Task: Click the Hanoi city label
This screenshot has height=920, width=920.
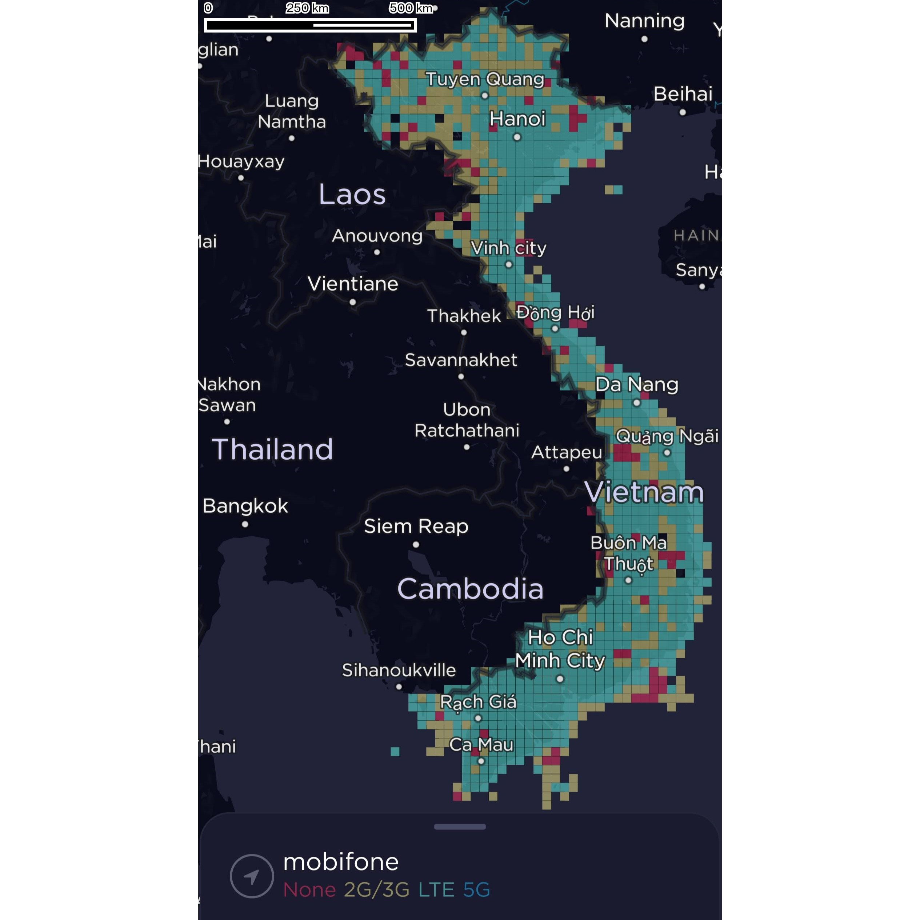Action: pos(517,119)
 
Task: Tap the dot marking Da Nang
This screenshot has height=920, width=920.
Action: pos(637,403)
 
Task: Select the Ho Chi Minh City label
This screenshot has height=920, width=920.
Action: pos(560,649)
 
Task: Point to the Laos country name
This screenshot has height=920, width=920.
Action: pos(352,194)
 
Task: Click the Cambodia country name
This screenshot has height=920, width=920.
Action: pos(470,589)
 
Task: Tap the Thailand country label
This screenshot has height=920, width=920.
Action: pos(272,449)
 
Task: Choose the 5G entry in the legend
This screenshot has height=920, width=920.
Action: pos(476,889)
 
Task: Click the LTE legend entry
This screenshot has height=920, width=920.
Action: pos(436,889)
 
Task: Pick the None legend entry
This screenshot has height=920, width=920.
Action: pos(309,889)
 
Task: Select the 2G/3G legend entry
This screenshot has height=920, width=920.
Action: pos(377,889)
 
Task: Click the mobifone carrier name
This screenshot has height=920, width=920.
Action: pos(341,862)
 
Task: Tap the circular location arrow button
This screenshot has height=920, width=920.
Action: pos(252,876)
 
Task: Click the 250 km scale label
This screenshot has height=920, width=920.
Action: pos(307,8)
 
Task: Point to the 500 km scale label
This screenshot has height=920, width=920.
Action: pos(411,8)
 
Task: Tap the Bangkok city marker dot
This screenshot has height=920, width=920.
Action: pos(245,524)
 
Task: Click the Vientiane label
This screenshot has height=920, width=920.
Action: pos(353,284)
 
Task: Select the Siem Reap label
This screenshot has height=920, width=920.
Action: pos(416,526)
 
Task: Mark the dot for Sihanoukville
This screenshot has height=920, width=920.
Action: pos(399,687)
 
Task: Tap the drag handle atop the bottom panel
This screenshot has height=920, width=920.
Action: pos(460,827)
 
